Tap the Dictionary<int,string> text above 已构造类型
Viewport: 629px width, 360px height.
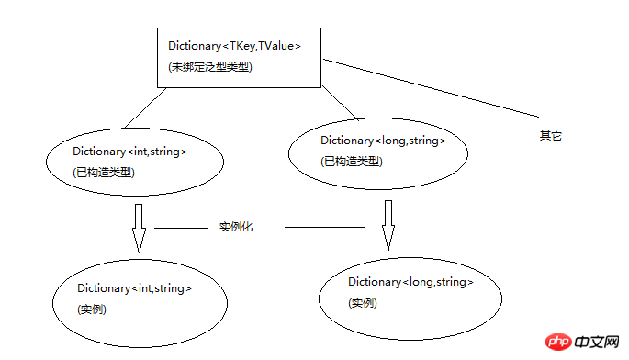point(130,152)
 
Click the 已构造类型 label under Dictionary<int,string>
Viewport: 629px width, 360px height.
point(103,172)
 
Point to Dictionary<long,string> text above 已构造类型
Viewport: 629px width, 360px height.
point(383,141)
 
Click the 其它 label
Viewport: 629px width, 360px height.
point(550,136)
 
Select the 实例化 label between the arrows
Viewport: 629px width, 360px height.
point(236,226)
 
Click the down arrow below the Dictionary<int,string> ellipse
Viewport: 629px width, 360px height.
point(139,228)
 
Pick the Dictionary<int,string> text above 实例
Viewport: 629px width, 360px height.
point(135,288)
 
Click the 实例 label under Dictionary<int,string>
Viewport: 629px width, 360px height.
point(92,309)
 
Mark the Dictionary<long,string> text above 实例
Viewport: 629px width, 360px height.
point(410,281)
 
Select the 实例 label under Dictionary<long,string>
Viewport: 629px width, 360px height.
point(363,303)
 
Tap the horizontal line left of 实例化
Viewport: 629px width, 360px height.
point(183,227)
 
